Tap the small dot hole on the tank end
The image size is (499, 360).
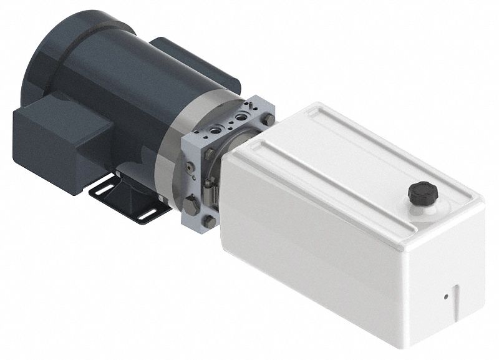click(x=445, y=296)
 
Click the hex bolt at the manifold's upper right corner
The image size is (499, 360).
click(x=268, y=119)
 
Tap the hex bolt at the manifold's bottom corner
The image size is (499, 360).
click(x=210, y=221)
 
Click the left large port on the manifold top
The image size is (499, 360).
click(x=216, y=127)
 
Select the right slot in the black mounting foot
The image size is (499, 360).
click(x=147, y=214)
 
